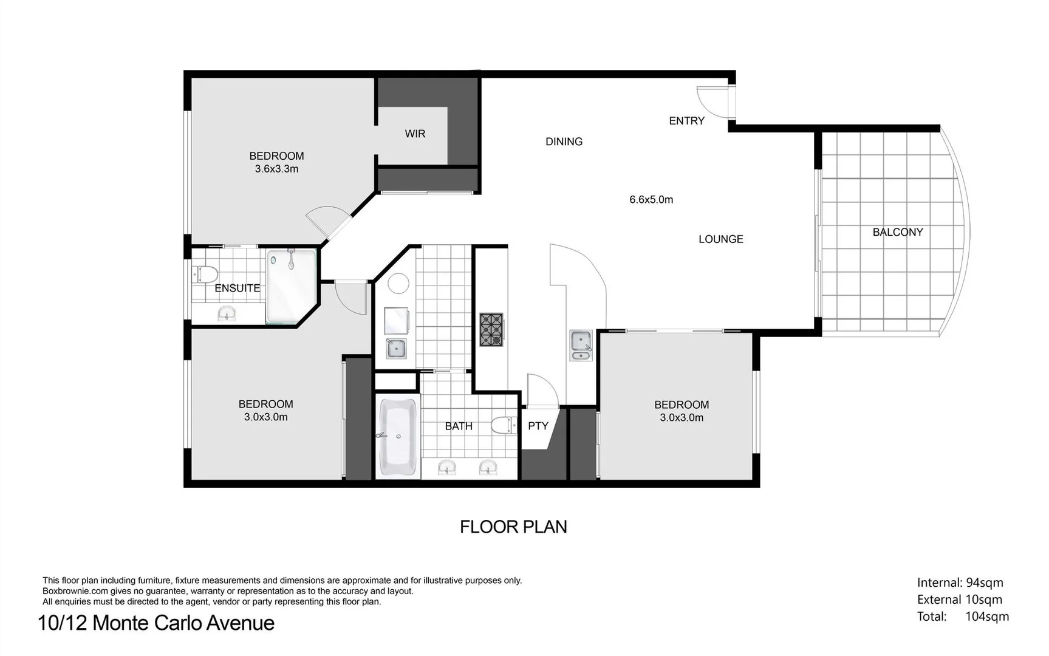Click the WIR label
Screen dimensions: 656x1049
click(x=415, y=134)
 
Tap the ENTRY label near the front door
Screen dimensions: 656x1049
click(x=686, y=121)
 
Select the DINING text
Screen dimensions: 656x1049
click(x=564, y=142)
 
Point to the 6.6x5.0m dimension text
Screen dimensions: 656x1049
click(x=651, y=199)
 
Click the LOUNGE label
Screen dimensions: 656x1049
click(x=720, y=239)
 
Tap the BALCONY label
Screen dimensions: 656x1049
click(x=897, y=232)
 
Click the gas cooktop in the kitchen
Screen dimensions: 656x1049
click(x=491, y=330)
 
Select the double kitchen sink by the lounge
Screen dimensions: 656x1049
click(x=581, y=345)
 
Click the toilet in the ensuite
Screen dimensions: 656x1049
click(x=205, y=274)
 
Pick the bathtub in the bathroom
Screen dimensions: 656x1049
click(x=398, y=436)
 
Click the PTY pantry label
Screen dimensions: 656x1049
click(x=538, y=426)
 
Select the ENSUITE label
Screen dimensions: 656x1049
click(x=237, y=288)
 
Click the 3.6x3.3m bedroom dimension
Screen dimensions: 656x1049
click(x=276, y=169)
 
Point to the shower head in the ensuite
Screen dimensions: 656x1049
click(x=291, y=261)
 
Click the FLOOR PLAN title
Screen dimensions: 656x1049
click(x=513, y=527)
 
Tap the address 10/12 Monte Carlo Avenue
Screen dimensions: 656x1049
click(x=156, y=623)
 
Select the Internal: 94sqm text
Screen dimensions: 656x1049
click(x=960, y=583)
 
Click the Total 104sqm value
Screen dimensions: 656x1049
click(x=986, y=617)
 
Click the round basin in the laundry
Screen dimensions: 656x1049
click(x=398, y=284)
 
